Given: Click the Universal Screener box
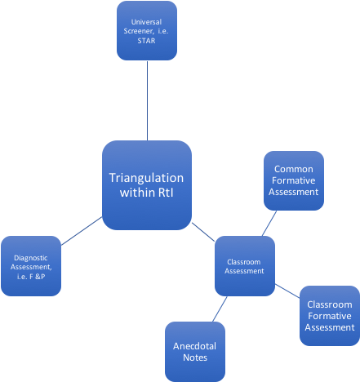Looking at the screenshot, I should tap(147, 30).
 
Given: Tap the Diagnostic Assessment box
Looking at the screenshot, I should tap(32, 266).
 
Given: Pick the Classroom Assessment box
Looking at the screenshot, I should tap(244, 266).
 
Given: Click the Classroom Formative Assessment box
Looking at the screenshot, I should tap(330, 316).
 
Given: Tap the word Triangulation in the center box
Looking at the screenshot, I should tap(147, 178).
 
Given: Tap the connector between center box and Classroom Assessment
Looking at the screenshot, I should tap(204, 231).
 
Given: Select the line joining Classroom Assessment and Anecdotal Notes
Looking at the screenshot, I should tap(219, 309).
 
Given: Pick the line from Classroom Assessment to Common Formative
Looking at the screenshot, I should tap(270, 223).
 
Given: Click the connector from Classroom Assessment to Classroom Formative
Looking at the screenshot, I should tap(287, 290).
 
